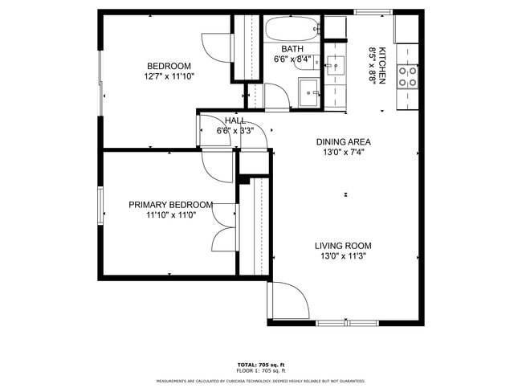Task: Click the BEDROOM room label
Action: [x=169, y=66]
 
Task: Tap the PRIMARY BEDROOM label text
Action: [x=170, y=205]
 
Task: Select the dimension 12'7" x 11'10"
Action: [x=169, y=77]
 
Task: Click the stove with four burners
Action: [x=408, y=76]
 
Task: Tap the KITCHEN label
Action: [x=383, y=66]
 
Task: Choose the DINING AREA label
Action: [x=343, y=141]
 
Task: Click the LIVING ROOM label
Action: [x=343, y=247]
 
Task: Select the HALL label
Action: [x=235, y=120]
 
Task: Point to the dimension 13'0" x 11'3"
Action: [x=343, y=257]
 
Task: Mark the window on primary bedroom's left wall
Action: [x=100, y=205]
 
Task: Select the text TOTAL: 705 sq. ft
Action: [x=260, y=364]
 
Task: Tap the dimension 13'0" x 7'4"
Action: [x=343, y=152]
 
